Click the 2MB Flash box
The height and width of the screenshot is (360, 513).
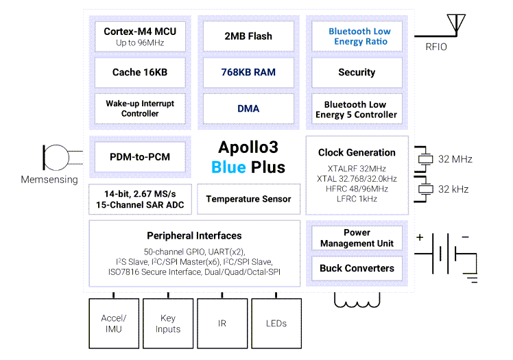[x=248, y=36]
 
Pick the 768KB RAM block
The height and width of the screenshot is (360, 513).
[x=248, y=72]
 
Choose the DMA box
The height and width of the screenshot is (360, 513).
[x=248, y=108]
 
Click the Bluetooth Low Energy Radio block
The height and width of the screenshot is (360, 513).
[x=359, y=36]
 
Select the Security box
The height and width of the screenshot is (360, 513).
[x=357, y=72]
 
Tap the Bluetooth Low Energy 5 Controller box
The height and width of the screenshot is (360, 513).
[x=357, y=109]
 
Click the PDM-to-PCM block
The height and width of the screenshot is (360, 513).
[x=140, y=157]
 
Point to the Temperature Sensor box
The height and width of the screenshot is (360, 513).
[x=248, y=199]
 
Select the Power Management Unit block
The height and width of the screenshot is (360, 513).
[x=357, y=237]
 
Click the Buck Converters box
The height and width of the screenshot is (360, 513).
[x=357, y=268]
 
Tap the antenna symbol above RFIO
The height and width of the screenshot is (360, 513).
[x=453, y=25]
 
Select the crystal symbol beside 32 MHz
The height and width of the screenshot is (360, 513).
[x=426, y=159]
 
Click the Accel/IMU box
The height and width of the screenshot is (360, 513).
[x=113, y=323]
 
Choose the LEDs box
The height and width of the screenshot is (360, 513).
[x=276, y=323]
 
